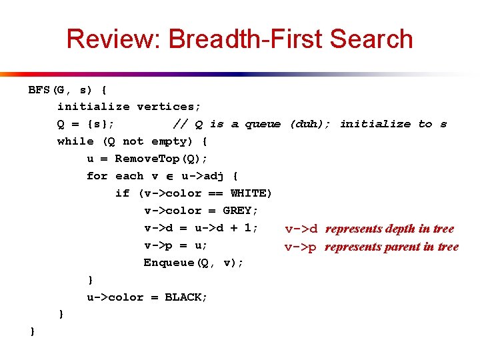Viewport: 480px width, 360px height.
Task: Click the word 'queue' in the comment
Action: pyautogui.click(x=263, y=124)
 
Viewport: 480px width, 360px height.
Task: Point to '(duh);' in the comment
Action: pyautogui.click(x=310, y=124)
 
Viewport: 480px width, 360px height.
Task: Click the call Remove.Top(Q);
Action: pyautogui.click(x=161, y=159)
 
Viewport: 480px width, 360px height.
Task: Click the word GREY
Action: pyautogui.click(x=237, y=211)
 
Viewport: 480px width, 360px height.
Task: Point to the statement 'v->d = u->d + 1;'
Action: pyautogui.click(x=201, y=228)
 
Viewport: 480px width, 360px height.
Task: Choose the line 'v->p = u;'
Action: pyautogui.click(x=176, y=245)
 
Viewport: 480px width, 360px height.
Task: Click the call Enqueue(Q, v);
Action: pyautogui.click(x=193, y=263)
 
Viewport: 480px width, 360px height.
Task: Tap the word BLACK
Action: pyautogui.click(x=187, y=297)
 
